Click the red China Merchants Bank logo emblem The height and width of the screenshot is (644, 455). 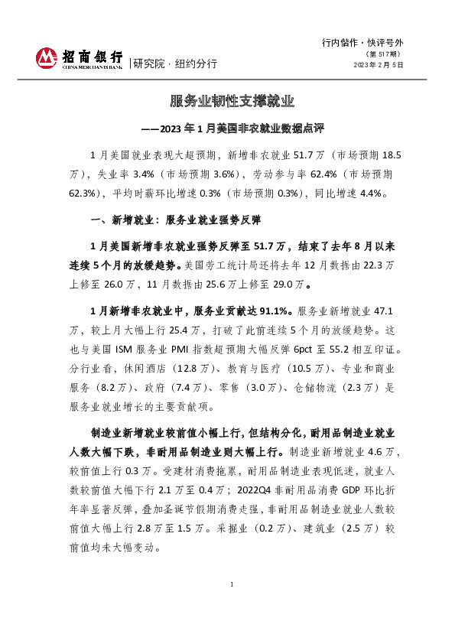click(47, 58)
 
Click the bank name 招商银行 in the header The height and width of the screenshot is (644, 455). click(92, 57)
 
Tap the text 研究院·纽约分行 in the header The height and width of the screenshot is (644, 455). click(175, 63)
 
